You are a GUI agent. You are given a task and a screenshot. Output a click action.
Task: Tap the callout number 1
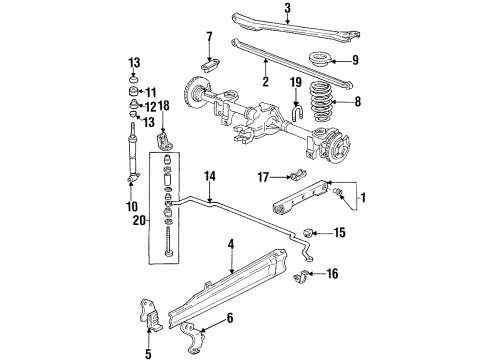(361, 198)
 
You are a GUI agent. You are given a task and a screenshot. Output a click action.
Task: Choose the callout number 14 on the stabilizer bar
(209, 175)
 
